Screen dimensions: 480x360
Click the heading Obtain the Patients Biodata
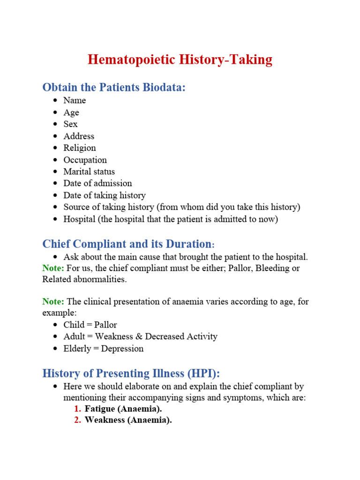point(114,87)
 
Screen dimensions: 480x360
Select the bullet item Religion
point(80,148)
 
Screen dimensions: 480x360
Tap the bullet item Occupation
point(85,160)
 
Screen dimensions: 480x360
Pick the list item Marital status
point(89,172)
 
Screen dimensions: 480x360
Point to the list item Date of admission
point(97,183)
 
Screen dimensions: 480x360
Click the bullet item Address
point(79,136)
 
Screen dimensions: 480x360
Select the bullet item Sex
point(70,124)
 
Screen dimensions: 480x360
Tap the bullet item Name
point(75,100)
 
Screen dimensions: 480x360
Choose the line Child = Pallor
point(90,325)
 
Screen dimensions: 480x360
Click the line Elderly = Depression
point(103,349)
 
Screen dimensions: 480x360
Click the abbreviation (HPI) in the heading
point(201,374)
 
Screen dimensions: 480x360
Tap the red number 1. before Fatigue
point(78,409)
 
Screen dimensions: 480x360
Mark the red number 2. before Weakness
point(78,420)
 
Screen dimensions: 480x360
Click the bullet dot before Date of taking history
point(55,195)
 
